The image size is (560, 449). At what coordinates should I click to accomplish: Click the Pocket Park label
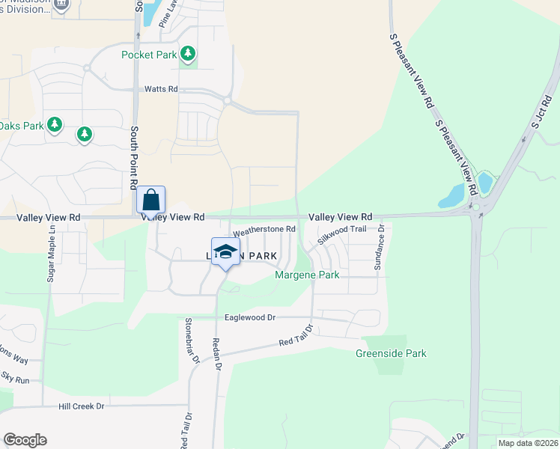tap(150, 55)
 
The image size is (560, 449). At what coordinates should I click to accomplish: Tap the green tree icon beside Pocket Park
tap(189, 54)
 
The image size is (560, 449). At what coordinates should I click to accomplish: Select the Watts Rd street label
tap(161, 89)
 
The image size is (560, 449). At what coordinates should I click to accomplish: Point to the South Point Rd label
tap(134, 157)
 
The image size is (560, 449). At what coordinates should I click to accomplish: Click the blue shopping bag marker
tap(151, 201)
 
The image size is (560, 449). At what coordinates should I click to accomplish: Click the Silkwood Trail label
tap(341, 235)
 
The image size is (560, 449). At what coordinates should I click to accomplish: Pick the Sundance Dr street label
tap(380, 247)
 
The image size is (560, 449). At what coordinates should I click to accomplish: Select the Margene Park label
tap(307, 275)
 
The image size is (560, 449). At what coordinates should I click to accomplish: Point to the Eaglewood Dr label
tap(250, 317)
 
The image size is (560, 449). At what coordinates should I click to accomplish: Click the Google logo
tap(25, 440)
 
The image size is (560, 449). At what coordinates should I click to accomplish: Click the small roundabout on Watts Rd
tap(226, 100)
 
